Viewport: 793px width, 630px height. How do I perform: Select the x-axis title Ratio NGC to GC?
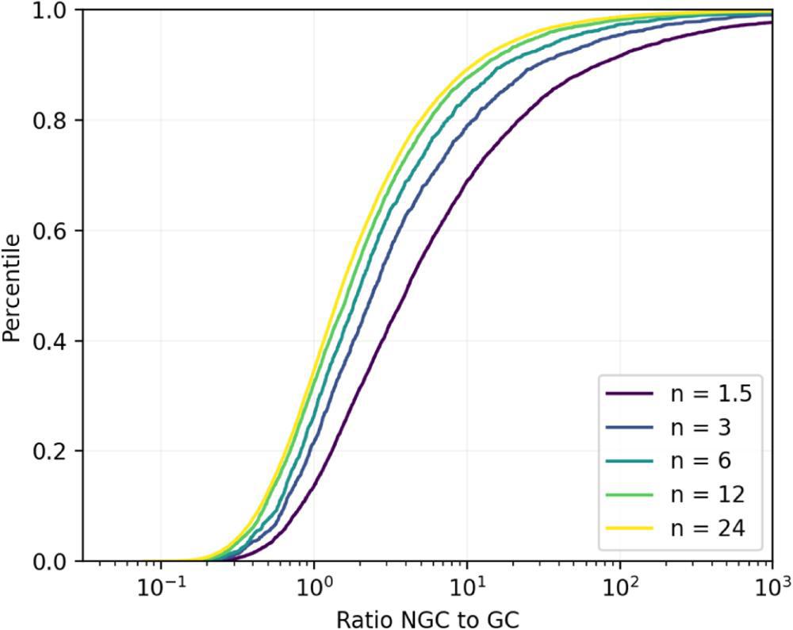pyautogui.click(x=425, y=617)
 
